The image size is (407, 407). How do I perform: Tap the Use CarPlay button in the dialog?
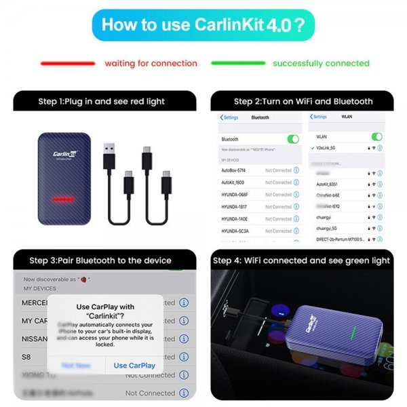134,365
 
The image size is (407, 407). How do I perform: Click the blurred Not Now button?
76,365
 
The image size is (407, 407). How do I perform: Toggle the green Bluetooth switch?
292,139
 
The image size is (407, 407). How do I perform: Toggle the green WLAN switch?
376,137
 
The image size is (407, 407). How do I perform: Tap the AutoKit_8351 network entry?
330,183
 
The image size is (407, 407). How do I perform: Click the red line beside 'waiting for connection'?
67,63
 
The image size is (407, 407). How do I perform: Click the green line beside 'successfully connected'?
237,63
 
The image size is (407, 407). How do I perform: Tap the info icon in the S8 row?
183,357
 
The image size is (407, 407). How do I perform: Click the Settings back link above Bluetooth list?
231,117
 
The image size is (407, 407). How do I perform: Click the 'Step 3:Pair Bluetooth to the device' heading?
100,260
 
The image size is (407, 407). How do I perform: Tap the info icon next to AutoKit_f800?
296,182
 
